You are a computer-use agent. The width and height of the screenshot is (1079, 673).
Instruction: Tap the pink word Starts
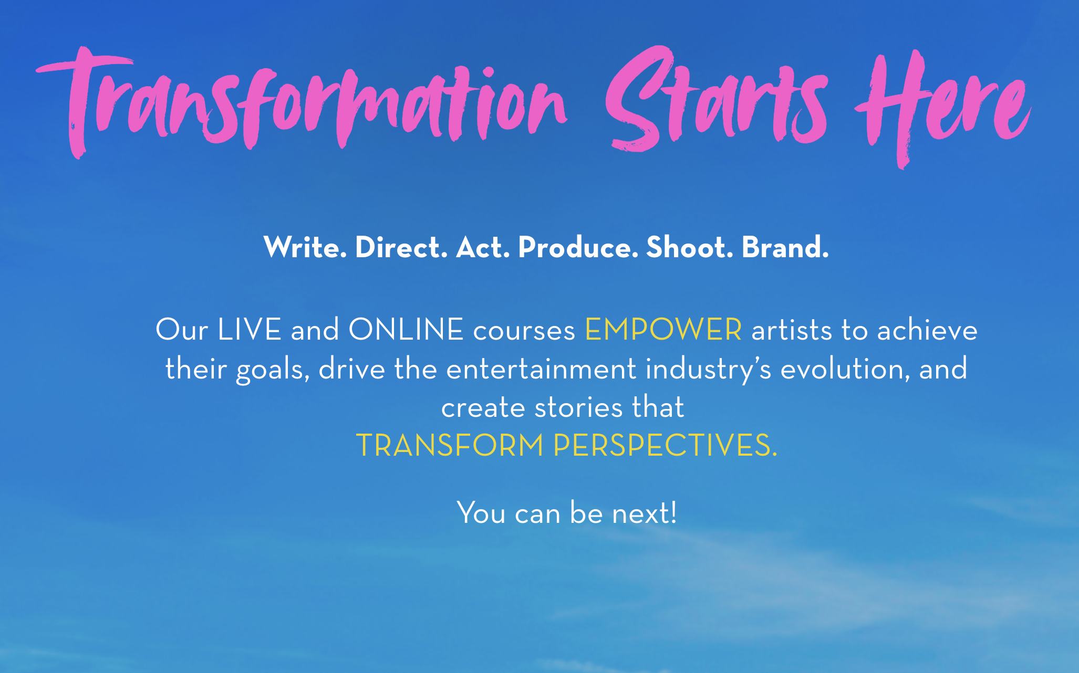717,100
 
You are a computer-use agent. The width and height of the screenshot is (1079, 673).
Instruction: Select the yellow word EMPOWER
663,330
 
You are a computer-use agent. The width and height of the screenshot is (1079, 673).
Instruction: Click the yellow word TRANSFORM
450,445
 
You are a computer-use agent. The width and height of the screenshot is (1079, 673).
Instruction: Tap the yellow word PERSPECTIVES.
665,445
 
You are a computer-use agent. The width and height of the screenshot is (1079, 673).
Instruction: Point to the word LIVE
250,330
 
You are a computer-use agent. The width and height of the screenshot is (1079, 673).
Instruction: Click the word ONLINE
406,330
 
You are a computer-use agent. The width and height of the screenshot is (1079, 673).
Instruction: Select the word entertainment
542,369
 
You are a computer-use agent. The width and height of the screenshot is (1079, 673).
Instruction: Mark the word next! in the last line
644,512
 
